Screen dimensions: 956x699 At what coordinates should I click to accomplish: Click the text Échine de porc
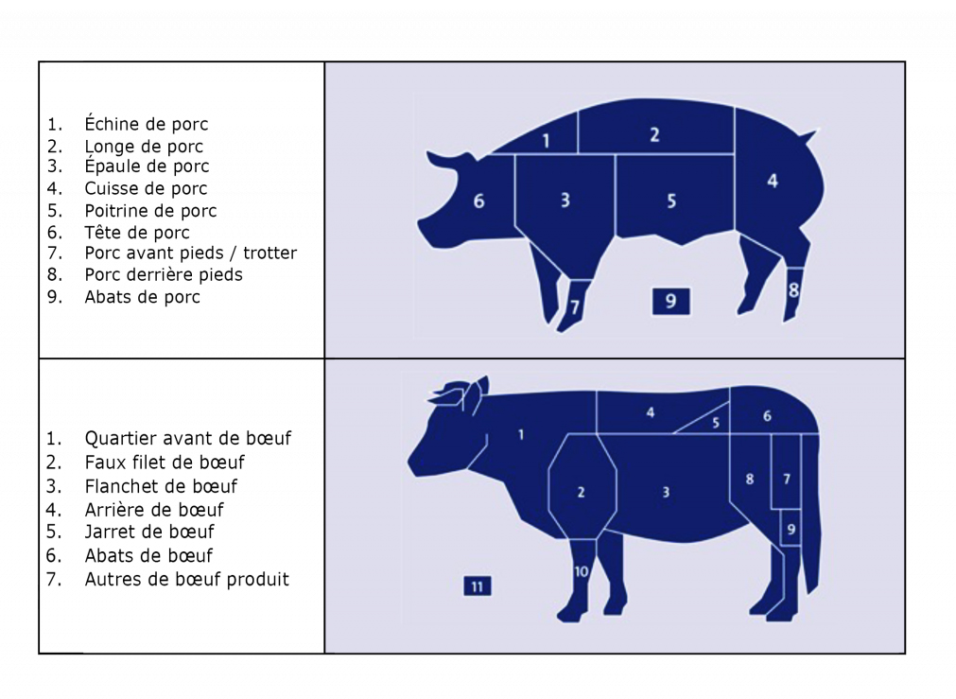coord(147,124)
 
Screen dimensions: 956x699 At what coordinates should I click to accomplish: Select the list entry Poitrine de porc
coord(150,210)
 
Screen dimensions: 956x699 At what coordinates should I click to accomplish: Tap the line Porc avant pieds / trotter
coord(191,253)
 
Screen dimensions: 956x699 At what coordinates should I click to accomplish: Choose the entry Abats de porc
coord(142,296)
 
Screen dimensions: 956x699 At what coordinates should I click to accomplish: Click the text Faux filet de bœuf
coord(165,463)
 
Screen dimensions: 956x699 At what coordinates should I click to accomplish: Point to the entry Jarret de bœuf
coord(149,532)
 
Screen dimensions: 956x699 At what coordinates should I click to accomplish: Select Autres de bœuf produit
coord(186,579)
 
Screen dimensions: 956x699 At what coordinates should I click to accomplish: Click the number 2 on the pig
coord(654,135)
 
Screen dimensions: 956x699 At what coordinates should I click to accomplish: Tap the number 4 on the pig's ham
coord(773,181)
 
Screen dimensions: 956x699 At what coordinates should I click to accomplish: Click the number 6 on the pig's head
coord(479,201)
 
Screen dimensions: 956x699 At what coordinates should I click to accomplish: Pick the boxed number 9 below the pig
coord(670,302)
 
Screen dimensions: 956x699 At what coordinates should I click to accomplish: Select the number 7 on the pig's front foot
coord(575,306)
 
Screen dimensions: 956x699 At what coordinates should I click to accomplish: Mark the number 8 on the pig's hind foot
coord(793,289)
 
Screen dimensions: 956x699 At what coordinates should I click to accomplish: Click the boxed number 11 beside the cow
coord(478,586)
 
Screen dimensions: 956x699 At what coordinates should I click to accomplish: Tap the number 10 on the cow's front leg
coord(581,571)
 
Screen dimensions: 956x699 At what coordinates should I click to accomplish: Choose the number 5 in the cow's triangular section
coord(716,423)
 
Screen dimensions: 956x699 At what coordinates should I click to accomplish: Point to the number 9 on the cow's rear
coord(791,529)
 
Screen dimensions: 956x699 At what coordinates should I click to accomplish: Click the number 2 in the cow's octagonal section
coord(581,492)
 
